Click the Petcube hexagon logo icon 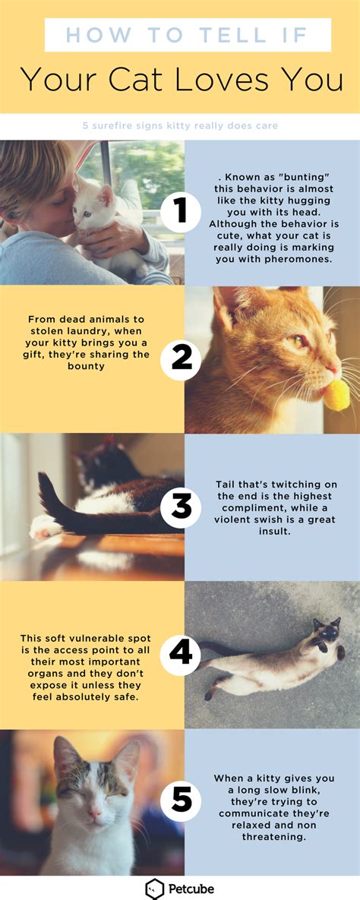[155, 889]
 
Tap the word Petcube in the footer [191, 889]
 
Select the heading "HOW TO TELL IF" [187, 35]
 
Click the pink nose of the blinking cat [94, 813]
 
